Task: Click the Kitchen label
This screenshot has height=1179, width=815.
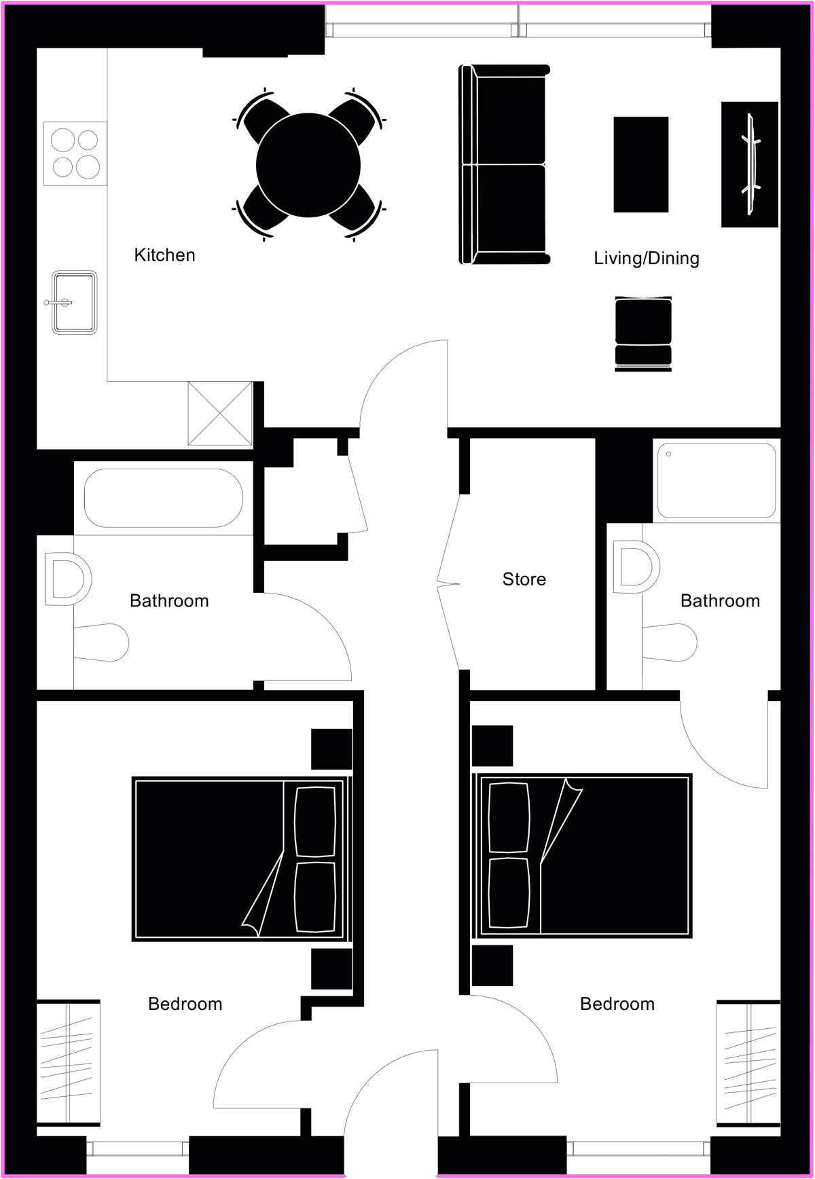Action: [164, 255]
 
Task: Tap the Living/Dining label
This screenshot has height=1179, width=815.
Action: [647, 258]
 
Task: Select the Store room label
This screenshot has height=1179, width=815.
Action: [524, 579]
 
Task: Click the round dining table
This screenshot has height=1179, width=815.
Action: [308, 165]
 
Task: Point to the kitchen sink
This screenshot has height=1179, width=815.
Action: [74, 302]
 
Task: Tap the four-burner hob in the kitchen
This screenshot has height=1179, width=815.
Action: [75, 153]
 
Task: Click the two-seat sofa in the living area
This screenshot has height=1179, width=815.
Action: [504, 164]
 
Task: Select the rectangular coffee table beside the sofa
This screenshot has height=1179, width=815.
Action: [641, 164]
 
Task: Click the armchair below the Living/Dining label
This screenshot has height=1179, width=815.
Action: [643, 333]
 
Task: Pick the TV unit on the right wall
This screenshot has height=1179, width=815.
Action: [750, 164]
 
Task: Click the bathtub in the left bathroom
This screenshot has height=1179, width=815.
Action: [164, 498]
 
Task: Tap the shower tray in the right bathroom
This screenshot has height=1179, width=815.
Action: [717, 480]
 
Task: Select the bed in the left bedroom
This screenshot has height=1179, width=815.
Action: [242, 859]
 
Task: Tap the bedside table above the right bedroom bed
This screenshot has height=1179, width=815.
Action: [492, 746]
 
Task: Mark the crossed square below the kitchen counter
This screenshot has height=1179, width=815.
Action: [220, 414]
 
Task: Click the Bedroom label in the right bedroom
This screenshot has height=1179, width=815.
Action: [617, 1004]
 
